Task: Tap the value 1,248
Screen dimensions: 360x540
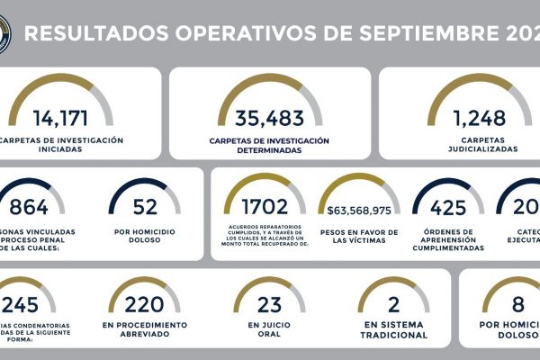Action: click(468, 118)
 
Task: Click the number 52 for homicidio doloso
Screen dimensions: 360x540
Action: click(145, 208)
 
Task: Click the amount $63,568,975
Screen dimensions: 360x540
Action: click(360, 210)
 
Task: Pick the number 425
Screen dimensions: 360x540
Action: click(447, 208)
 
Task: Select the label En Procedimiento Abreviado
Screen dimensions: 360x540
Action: click(144, 328)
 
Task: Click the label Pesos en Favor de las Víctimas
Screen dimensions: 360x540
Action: click(360, 237)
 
